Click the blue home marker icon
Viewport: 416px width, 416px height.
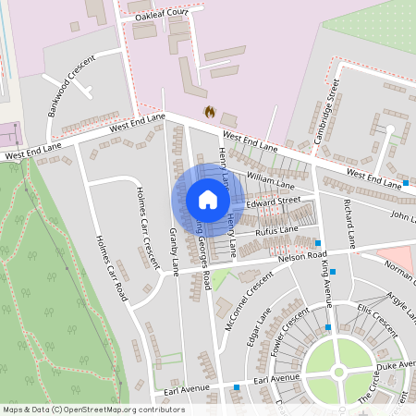pyautogui.click(x=208, y=200)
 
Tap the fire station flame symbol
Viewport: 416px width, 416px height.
pyautogui.click(x=209, y=112)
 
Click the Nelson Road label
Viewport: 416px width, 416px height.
pyautogui.click(x=305, y=255)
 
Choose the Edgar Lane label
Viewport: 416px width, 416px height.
pyautogui.click(x=262, y=328)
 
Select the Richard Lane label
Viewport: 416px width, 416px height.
pyautogui.click(x=349, y=222)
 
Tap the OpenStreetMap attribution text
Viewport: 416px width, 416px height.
pyautogui.click(x=80, y=410)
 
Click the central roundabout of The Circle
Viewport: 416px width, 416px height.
pyautogui.click(x=338, y=372)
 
